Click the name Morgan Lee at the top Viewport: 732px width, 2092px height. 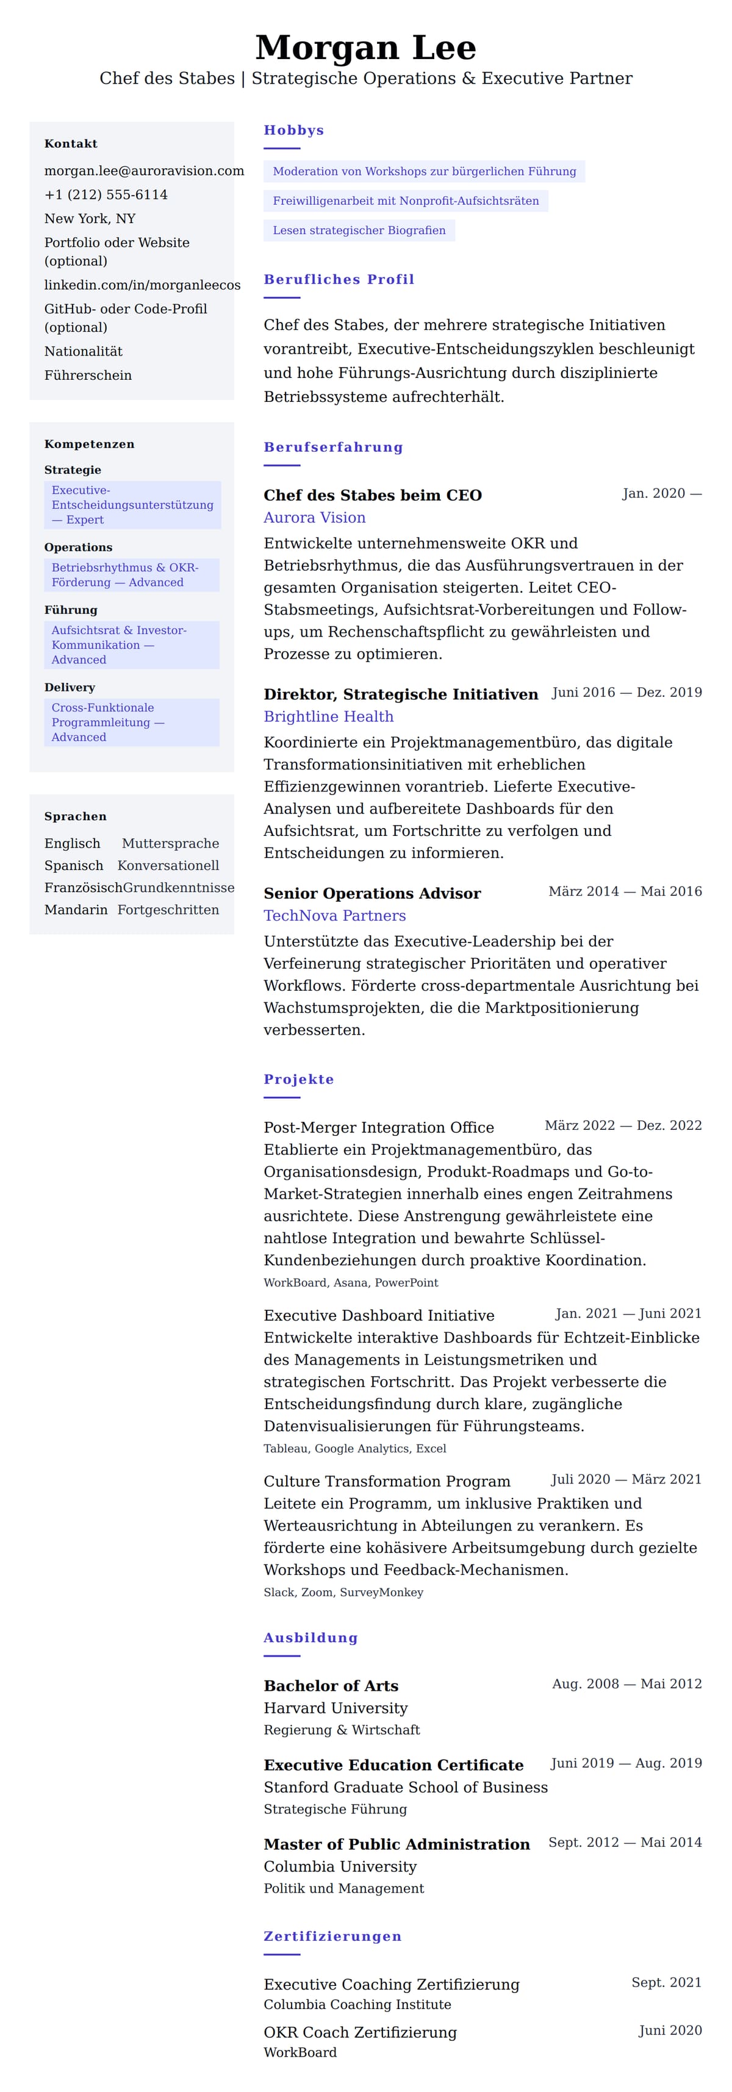click(365, 48)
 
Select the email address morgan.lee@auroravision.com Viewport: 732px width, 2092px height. click(144, 171)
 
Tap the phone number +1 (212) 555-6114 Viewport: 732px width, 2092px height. click(106, 195)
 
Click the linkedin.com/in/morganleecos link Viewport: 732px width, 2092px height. click(142, 285)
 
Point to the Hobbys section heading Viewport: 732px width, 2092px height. click(293, 130)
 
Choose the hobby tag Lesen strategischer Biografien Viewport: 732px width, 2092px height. click(359, 230)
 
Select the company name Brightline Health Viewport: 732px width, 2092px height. click(328, 716)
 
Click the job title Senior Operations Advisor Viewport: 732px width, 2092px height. click(372, 893)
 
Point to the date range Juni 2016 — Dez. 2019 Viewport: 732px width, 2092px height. click(626, 693)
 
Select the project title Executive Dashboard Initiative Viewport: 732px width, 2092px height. click(379, 1316)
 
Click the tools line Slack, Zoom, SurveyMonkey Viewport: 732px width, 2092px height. click(343, 1593)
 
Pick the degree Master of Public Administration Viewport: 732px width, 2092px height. click(396, 1844)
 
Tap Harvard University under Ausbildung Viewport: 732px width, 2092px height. click(335, 1708)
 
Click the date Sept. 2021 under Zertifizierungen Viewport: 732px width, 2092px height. click(666, 1982)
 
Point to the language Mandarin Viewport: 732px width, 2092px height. click(76, 910)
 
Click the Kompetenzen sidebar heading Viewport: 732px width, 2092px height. click(90, 444)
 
